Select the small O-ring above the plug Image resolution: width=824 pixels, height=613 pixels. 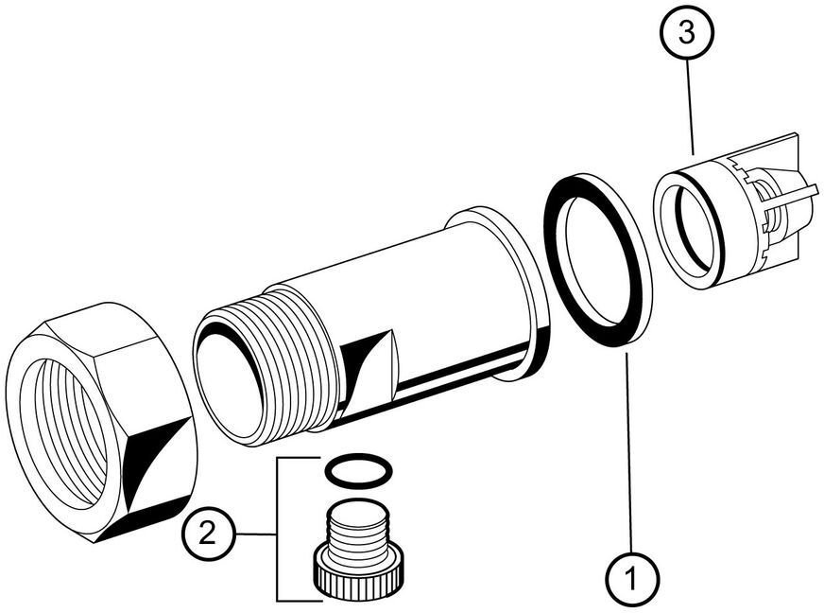coord(359,468)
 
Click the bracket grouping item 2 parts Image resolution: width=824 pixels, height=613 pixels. coord(279,530)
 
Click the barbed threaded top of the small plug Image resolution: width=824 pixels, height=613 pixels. coord(360,524)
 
